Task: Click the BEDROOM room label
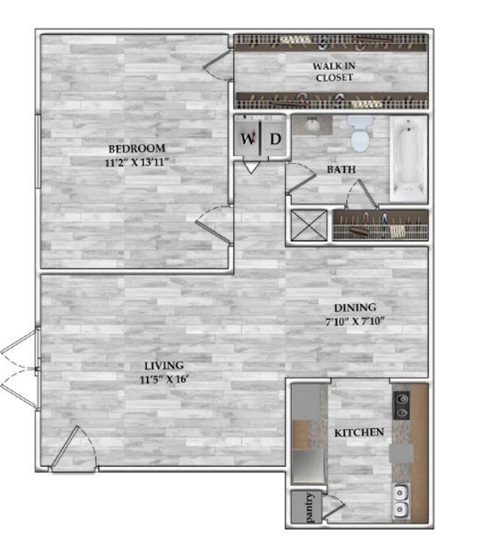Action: click(137, 149)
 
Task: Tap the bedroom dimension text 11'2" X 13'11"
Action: click(137, 163)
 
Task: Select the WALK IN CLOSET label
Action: click(334, 71)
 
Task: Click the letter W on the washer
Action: click(248, 138)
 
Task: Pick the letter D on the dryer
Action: click(275, 139)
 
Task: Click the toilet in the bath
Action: click(360, 135)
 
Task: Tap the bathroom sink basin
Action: click(312, 125)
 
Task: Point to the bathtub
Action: click(408, 160)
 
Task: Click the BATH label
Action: click(340, 170)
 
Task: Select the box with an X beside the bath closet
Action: click(309, 226)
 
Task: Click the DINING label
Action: click(355, 308)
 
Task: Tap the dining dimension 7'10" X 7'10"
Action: click(355, 321)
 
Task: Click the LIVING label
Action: click(164, 365)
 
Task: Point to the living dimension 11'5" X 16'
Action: click(164, 379)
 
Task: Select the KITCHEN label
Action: click(359, 432)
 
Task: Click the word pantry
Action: click(309, 507)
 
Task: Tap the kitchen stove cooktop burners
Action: click(402, 405)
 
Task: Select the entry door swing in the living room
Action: click(73, 449)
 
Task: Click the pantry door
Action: click(333, 507)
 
